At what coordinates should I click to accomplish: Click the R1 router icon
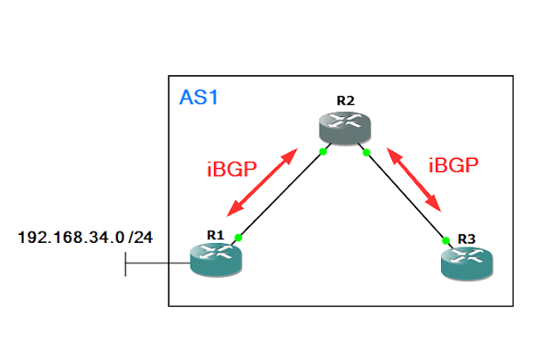coord(215,260)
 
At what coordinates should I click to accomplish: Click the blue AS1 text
coord(198,96)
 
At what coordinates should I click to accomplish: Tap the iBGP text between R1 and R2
coord(231,169)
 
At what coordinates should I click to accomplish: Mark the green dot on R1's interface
coord(238,236)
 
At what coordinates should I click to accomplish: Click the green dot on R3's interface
coord(445,239)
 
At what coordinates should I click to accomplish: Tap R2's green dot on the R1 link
coord(322,152)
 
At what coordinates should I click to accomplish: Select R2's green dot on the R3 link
coord(367,153)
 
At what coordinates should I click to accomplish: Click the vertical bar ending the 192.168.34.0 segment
coord(126,262)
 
